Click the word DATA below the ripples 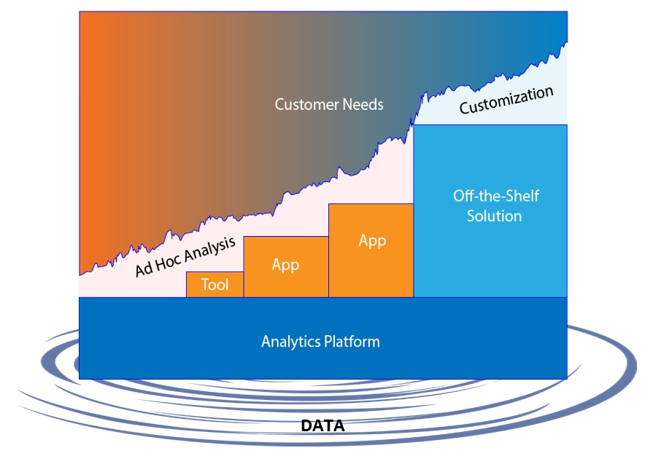tap(322, 425)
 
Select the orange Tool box tap(215, 284)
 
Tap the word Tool tap(215, 285)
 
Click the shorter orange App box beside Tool tap(286, 267)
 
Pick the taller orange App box tap(371, 251)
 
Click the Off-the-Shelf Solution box tap(490, 211)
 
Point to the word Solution tap(495, 216)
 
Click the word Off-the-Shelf tap(496, 196)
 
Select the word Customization tap(506, 100)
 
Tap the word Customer tap(306, 104)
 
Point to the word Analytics tap(290, 342)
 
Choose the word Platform tap(352, 342)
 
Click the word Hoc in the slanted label tap(169, 263)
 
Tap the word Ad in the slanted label tap(144, 270)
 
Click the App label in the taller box tap(372, 241)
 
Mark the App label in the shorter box tap(285, 265)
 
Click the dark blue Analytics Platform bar tap(322, 338)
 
